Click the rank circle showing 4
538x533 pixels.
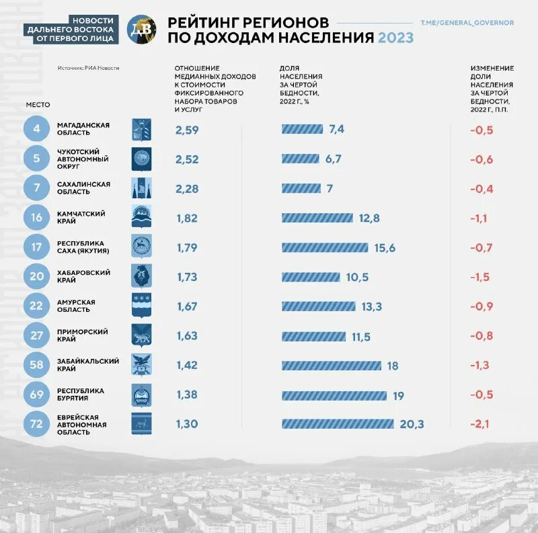(x=36, y=129)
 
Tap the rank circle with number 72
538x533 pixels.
(x=36, y=425)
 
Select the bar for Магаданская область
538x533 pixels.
(x=303, y=130)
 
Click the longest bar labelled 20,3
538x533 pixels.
(x=338, y=424)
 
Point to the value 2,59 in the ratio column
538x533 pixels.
(x=187, y=130)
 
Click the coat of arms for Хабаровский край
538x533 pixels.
(x=141, y=276)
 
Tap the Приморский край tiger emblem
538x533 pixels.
(x=141, y=335)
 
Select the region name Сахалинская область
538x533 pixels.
(x=83, y=188)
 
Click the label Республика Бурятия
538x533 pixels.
(x=81, y=395)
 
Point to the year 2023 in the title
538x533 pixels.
(x=395, y=38)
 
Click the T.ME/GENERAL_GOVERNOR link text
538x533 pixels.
(x=467, y=23)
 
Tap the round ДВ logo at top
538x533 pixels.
(x=141, y=29)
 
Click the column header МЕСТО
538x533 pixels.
(x=38, y=105)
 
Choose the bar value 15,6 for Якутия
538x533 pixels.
(x=385, y=248)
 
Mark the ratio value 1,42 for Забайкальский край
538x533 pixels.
(x=187, y=366)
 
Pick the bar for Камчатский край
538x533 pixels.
(x=317, y=218)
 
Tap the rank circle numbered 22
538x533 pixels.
(x=36, y=306)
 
